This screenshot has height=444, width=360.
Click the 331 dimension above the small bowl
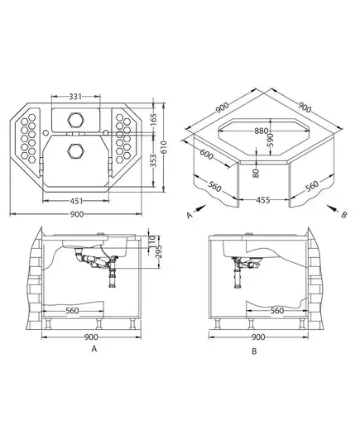[x=75, y=97]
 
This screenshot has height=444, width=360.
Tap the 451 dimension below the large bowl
[x=76, y=201]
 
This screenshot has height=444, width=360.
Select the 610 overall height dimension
[x=164, y=147]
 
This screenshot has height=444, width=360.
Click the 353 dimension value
[x=153, y=160]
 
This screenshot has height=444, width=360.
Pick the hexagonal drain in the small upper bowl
[x=76, y=120]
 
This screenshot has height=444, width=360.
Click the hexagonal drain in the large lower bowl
[x=76, y=151]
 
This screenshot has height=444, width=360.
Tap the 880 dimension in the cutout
[x=261, y=131]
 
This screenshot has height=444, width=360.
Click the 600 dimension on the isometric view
[x=207, y=155]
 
